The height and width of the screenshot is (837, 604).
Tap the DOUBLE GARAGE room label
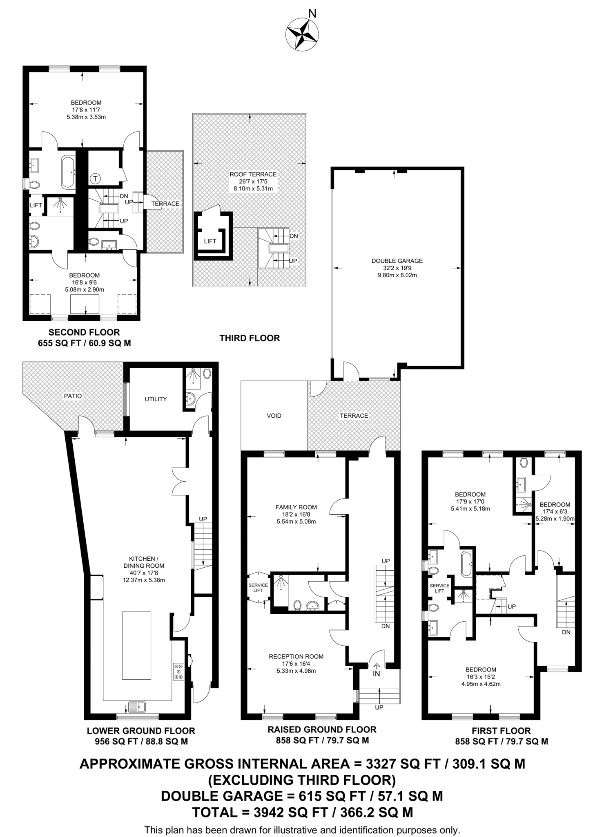click(x=397, y=261)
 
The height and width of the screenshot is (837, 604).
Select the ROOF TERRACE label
click(x=253, y=174)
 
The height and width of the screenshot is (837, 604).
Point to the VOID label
click(x=274, y=416)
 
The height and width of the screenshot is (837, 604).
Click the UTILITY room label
click(x=156, y=399)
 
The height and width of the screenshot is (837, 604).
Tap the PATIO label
click(x=73, y=396)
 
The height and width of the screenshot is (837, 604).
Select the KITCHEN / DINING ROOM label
click(x=144, y=562)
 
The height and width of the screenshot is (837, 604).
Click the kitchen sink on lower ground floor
click(x=137, y=706)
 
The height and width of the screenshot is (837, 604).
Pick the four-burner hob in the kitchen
click(x=178, y=671)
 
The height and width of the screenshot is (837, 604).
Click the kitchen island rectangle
click(x=137, y=646)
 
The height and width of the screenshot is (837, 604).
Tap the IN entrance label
click(x=376, y=674)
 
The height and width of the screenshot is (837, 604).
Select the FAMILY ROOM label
click(x=296, y=507)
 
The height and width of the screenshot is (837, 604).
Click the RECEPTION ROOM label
click(x=296, y=656)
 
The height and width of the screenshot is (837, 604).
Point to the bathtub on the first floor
click(x=467, y=564)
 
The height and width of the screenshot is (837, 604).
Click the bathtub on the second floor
click(x=68, y=172)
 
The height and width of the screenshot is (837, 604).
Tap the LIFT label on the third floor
click(x=210, y=241)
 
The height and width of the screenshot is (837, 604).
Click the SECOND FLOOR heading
click(x=84, y=332)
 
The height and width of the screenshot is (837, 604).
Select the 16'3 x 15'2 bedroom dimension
click(x=481, y=677)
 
